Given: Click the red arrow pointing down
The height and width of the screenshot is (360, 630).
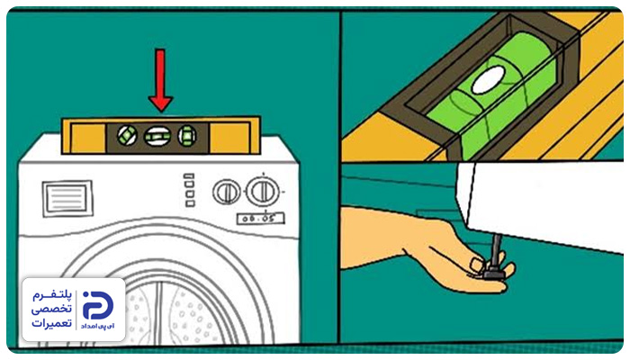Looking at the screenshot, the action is coord(160,80).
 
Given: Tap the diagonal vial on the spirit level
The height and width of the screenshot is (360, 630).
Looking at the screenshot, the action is coord(128,135).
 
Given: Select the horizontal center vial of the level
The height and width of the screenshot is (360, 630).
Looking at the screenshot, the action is coord(157,136).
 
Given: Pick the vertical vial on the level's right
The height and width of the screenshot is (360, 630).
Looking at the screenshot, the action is coord(187,135).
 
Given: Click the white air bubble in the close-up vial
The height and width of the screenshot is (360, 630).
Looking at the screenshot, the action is coord(489,80).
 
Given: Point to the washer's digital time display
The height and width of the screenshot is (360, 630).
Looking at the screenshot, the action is coord(261,219).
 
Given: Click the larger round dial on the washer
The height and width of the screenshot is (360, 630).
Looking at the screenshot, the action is coord(263,192).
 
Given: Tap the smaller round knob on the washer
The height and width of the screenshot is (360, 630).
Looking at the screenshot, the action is coord(227,192).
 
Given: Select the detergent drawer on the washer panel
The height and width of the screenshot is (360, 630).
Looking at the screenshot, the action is coord(67,199).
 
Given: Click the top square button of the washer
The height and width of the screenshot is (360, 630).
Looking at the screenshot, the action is coord(189,176).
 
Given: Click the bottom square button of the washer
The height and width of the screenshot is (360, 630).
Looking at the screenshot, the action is coord(190,203).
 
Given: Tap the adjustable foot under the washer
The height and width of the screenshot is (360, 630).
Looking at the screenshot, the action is coord(493,274).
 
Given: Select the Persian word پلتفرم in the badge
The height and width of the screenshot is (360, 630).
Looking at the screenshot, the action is coord(52,295).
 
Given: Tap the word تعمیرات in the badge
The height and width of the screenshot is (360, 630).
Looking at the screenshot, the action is coord(52,322).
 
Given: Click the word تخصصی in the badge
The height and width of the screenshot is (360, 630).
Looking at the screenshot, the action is coord(52,309).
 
